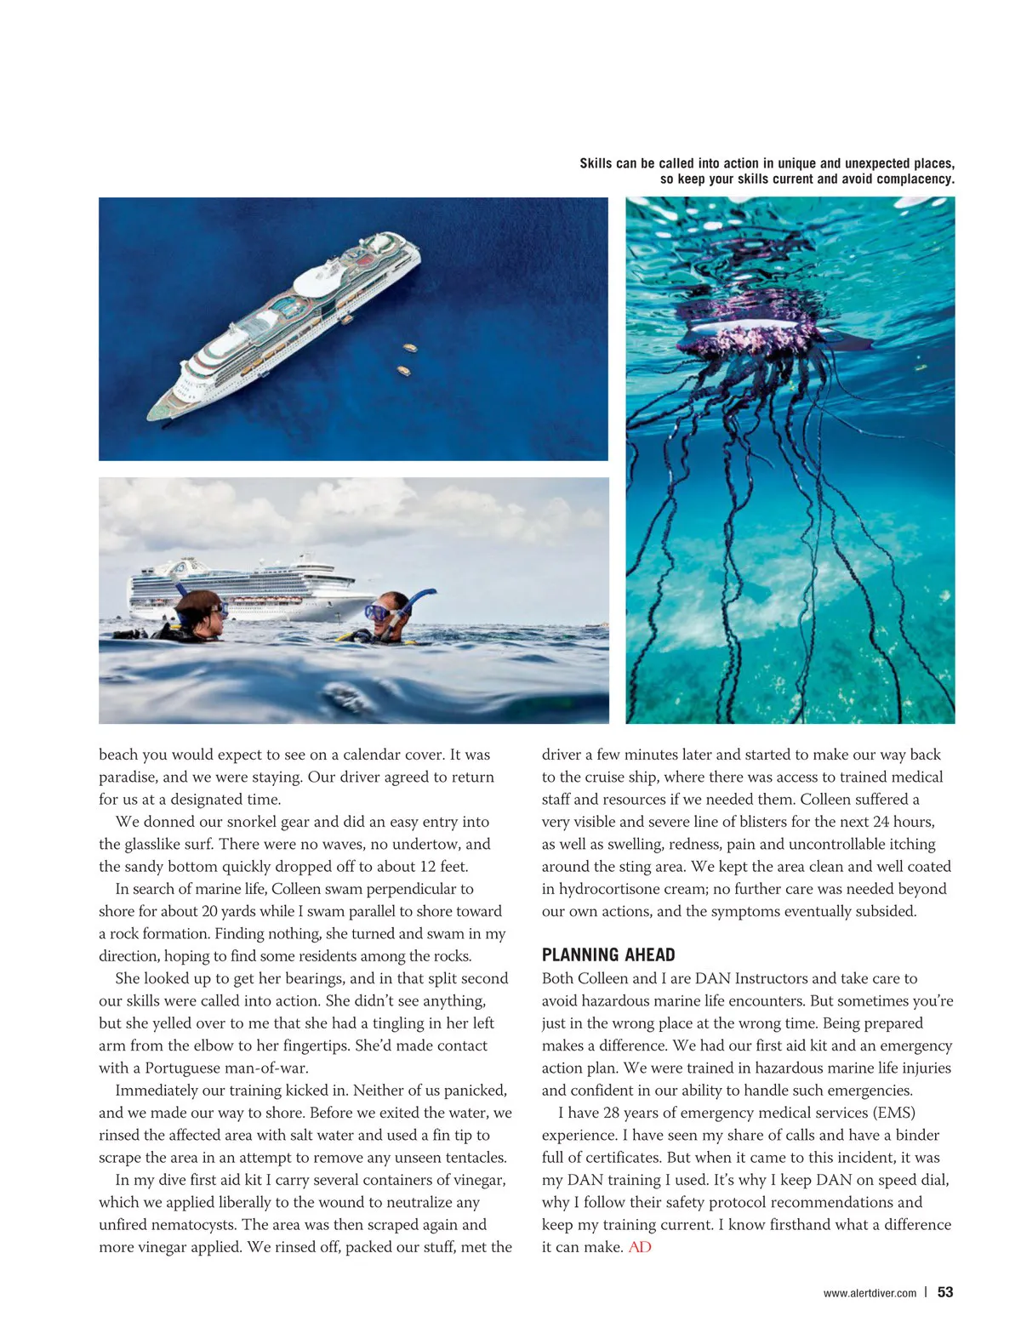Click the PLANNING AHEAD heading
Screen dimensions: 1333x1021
(x=608, y=954)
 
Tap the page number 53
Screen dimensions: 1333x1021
(x=945, y=1292)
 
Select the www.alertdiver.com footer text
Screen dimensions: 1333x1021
(x=870, y=1293)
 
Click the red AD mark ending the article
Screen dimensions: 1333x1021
(x=640, y=1247)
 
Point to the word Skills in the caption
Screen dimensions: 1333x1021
(x=596, y=163)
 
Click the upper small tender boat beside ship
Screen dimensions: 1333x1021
(x=409, y=348)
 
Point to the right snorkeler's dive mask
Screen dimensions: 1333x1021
(x=377, y=612)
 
